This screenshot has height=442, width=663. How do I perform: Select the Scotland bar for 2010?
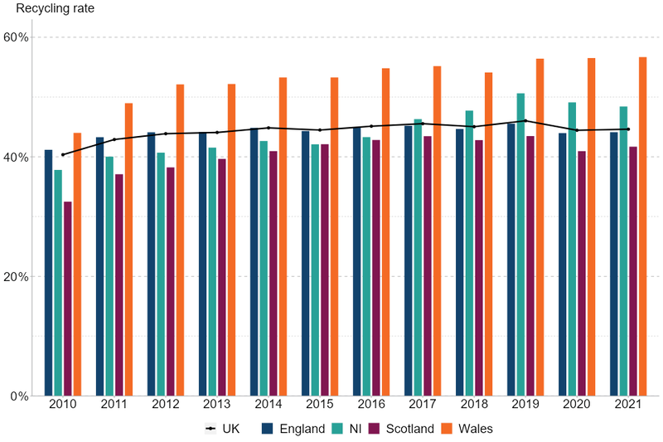67,299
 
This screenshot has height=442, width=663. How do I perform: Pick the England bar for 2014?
254,262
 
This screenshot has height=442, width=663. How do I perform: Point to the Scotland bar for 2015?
325,270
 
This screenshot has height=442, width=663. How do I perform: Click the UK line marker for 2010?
63,154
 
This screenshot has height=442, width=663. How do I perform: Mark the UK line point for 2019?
525,121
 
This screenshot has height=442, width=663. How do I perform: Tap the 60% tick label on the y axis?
17,37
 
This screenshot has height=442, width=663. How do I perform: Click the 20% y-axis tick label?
17,276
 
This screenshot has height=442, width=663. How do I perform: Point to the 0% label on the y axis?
20,396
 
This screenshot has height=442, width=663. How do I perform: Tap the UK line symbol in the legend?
211,429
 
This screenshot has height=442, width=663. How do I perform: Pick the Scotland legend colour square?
373,429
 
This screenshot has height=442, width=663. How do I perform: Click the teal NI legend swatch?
337,429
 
